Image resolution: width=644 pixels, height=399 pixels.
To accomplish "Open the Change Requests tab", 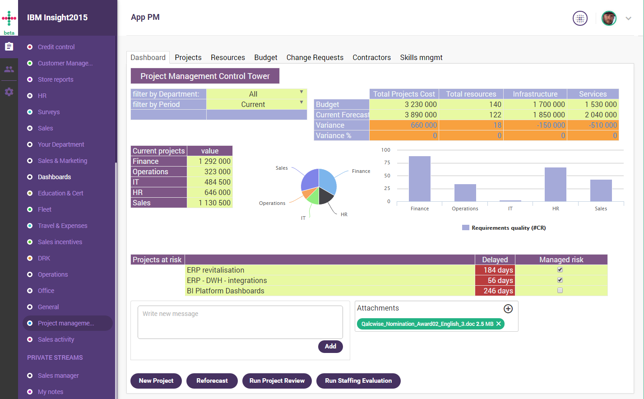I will [315, 57].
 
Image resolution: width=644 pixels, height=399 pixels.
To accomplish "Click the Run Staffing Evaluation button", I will [358, 380].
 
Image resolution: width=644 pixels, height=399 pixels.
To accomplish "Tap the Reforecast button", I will [212, 380].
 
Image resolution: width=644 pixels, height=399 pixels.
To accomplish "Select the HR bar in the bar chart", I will [555, 184].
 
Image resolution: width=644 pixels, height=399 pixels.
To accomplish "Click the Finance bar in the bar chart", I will [419, 179].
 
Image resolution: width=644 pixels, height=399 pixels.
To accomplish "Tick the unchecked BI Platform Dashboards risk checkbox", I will [560, 291].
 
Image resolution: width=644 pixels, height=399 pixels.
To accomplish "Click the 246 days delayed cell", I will [495, 291].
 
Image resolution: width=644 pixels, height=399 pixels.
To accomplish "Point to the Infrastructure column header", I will [535, 94].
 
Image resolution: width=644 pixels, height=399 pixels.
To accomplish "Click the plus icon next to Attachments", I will [508, 309].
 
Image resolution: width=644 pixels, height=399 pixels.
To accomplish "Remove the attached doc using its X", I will [499, 324].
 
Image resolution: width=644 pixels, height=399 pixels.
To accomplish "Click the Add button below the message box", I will [330, 346].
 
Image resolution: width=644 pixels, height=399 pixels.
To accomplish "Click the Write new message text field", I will [240, 322].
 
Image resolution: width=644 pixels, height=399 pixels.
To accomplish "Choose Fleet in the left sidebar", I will [44, 209].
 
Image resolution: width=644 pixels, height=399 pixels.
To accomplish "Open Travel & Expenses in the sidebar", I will [62, 226].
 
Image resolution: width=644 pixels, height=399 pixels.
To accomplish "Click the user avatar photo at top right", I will [609, 19].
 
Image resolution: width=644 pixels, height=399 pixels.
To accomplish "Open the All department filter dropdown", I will [256, 94].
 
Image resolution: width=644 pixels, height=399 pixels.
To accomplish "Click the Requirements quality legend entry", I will [504, 228].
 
